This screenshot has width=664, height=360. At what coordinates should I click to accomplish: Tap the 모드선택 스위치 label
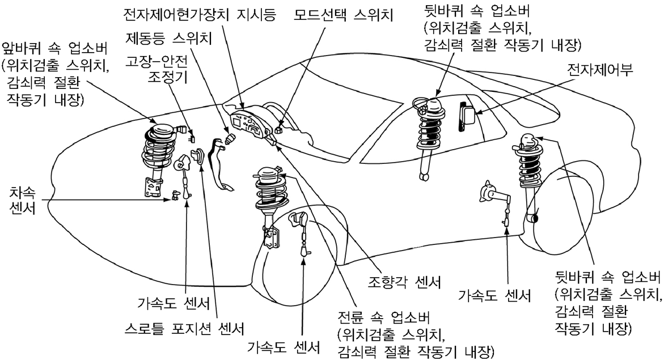344,15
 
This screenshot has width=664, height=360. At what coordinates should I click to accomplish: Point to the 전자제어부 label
600,70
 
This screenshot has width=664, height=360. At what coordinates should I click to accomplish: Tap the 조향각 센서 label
405,282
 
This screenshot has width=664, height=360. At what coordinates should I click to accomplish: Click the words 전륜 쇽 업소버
384,317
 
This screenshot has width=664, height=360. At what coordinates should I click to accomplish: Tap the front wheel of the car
297,254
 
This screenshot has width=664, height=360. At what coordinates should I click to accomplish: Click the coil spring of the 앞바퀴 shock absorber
158,150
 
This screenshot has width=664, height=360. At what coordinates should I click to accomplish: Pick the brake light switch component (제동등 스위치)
230,139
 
